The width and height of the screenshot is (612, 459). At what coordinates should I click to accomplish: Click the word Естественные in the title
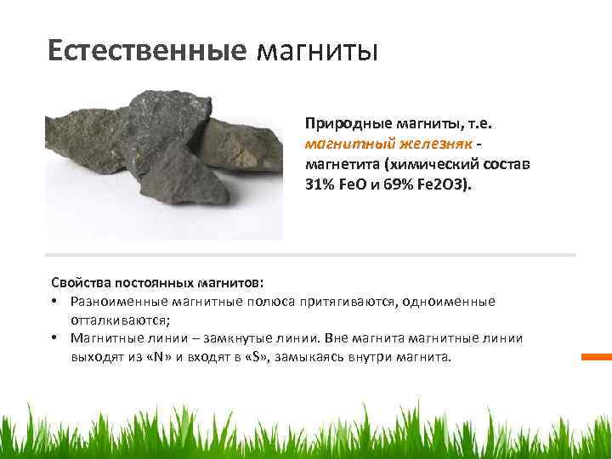pos(146,50)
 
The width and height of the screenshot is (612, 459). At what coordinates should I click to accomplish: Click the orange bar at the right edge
pos(595,357)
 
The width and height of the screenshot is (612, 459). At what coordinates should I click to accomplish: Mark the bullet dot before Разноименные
pos(54,302)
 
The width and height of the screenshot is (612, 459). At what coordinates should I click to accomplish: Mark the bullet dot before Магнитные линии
pos(54,339)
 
